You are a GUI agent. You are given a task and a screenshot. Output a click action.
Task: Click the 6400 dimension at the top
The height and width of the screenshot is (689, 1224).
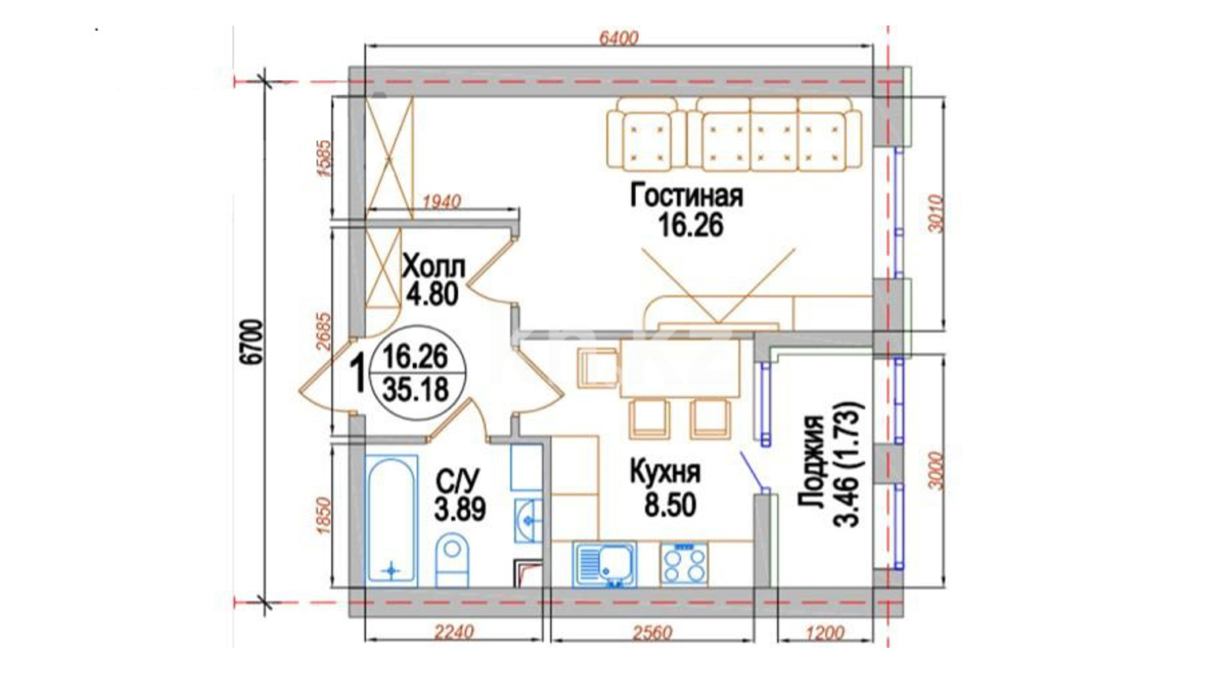[x=618, y=38]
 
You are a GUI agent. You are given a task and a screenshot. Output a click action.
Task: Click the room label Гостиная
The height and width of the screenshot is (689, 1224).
[x=687, y=196]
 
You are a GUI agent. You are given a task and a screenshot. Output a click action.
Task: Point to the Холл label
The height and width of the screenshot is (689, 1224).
[x=434, y=268]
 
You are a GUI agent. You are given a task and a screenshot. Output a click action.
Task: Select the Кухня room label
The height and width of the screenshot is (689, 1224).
[x=665, y=473]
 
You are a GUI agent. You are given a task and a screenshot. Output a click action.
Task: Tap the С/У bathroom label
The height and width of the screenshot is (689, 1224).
[x=458, y=481]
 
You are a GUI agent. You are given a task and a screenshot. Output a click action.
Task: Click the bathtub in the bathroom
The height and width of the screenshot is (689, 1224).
[x=392, y=521]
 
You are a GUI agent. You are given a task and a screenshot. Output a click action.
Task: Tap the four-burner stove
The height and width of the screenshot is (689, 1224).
[x=683, y=565]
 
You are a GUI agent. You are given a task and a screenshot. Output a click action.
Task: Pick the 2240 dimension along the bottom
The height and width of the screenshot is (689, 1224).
[x=453, y=632]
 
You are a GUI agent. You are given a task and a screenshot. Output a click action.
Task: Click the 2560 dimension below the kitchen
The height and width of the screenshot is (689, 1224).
[x=652, y=633]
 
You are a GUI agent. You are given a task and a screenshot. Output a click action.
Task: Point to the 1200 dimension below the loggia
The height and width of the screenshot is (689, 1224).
[x=825, y=633]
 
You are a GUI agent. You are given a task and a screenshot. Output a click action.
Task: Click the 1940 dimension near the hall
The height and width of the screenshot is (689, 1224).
[x=442, y=202]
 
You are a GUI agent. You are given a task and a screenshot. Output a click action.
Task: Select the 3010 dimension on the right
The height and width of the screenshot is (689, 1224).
[x=936, y=213]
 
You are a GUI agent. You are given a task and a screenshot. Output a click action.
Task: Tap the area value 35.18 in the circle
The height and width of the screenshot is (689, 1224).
[x=416, y=390]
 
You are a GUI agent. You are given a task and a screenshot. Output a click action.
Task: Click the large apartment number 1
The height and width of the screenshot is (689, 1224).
[x=359, y=373]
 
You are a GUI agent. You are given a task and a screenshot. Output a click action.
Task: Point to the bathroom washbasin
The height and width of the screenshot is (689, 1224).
[x=528, y=521]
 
